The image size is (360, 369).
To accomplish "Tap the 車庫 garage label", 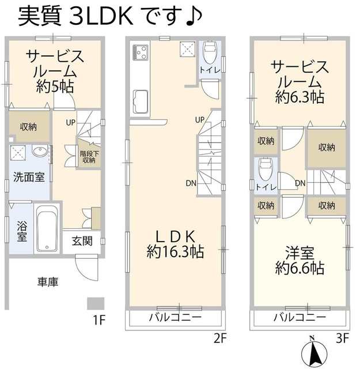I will tap(48, 282).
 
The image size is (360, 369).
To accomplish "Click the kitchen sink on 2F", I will tap(140, 103).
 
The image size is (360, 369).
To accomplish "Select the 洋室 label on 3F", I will tap(300, 252).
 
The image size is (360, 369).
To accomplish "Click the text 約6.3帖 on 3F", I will tap(300, 97).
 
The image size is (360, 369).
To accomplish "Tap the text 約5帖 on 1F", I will tap(56, 87).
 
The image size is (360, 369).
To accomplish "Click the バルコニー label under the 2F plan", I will tap(175, 318).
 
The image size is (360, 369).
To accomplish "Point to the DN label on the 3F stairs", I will tap(300, 183).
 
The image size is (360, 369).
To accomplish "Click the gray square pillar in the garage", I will tap(96, 303).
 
